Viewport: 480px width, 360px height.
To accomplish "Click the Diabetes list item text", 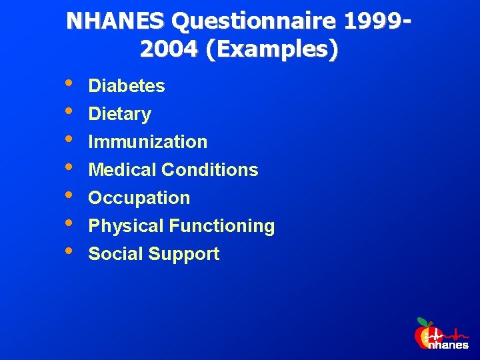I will point(127,86).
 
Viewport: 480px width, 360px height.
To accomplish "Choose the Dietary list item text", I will point(120,114).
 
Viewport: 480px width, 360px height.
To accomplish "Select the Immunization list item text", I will point(148,142).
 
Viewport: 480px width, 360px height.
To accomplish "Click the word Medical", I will point(122,170).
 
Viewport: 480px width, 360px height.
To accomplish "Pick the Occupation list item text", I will point(139,198).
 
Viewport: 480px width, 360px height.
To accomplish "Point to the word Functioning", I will point(222,226).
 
